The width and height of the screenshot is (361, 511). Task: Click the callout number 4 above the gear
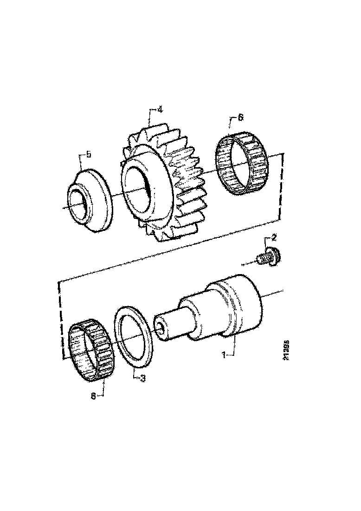(160, 110)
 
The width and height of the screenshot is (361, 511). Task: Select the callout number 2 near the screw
(274, 238)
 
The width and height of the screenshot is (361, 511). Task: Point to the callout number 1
(224, 355)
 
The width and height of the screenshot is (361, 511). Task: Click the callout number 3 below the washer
(142, 379)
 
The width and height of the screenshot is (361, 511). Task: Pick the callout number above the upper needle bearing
(240, 118)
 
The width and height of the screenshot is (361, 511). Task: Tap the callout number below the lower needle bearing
(93, 396)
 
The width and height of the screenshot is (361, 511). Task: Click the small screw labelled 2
(268, 257)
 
